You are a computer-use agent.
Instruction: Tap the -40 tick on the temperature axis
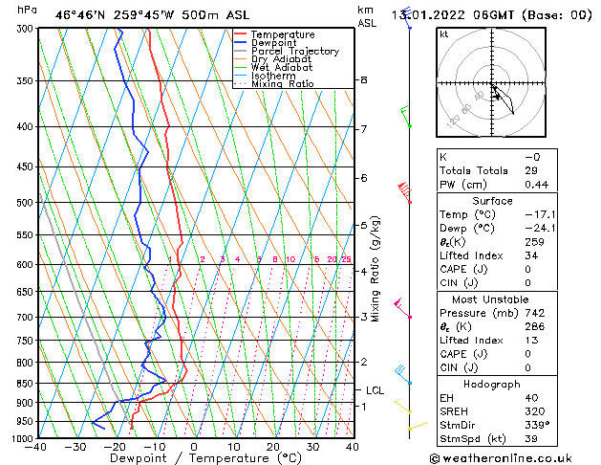[37, 447]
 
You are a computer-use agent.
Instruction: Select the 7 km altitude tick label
[364, 129]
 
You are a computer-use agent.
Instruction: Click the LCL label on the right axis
[376, 390]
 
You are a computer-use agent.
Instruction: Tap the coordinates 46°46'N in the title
[79, 14]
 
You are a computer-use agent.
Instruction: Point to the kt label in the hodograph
[443, 33]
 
